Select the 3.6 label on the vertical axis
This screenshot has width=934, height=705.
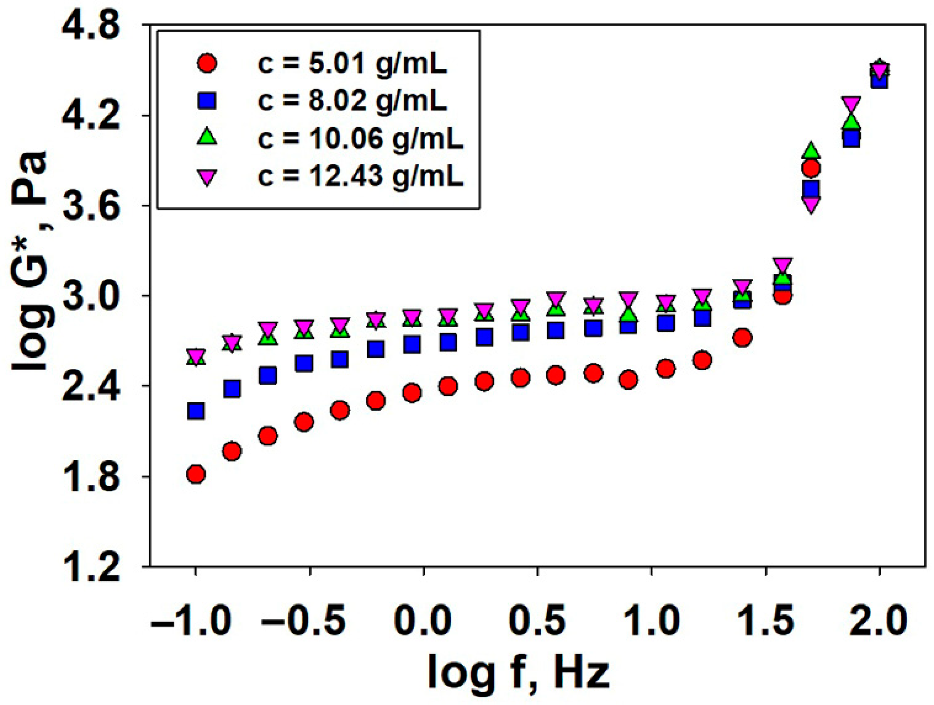tap(91, 206)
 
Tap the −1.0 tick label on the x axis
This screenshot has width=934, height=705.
tap(191, 621)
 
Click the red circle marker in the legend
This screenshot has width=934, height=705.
tap(207, 64)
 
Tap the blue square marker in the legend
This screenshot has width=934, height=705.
tap(207, 101)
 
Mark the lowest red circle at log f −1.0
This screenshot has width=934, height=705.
tap(196, 474)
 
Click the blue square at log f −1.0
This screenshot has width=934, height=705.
tap(196, 410)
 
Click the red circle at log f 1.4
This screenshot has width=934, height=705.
tap(743, 338)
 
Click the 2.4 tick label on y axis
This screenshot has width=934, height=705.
tap(91, 386)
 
